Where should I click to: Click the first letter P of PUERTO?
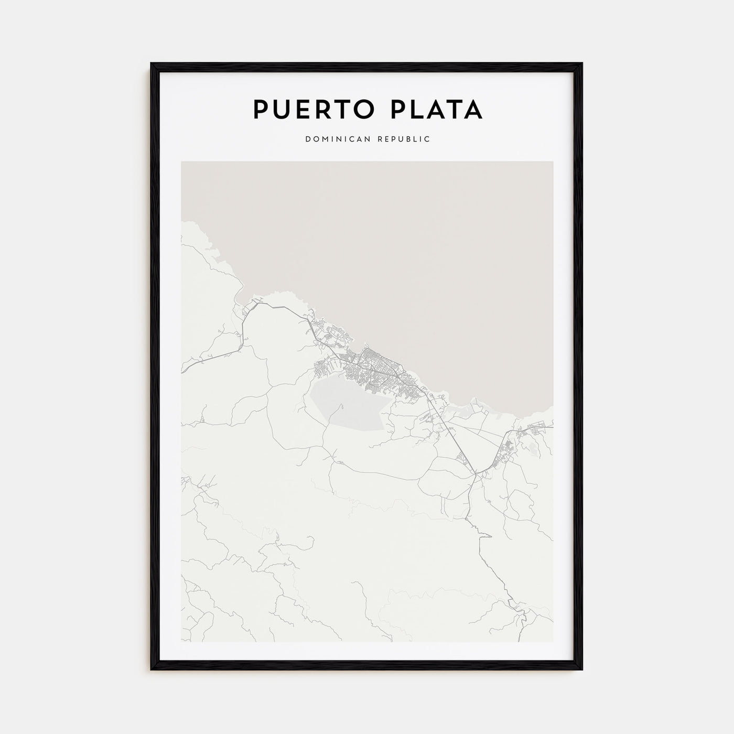(262, 110)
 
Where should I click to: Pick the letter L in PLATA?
(415, 110)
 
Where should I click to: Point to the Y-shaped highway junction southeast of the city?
(476, 475)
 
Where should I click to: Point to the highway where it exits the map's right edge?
(552, 427)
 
